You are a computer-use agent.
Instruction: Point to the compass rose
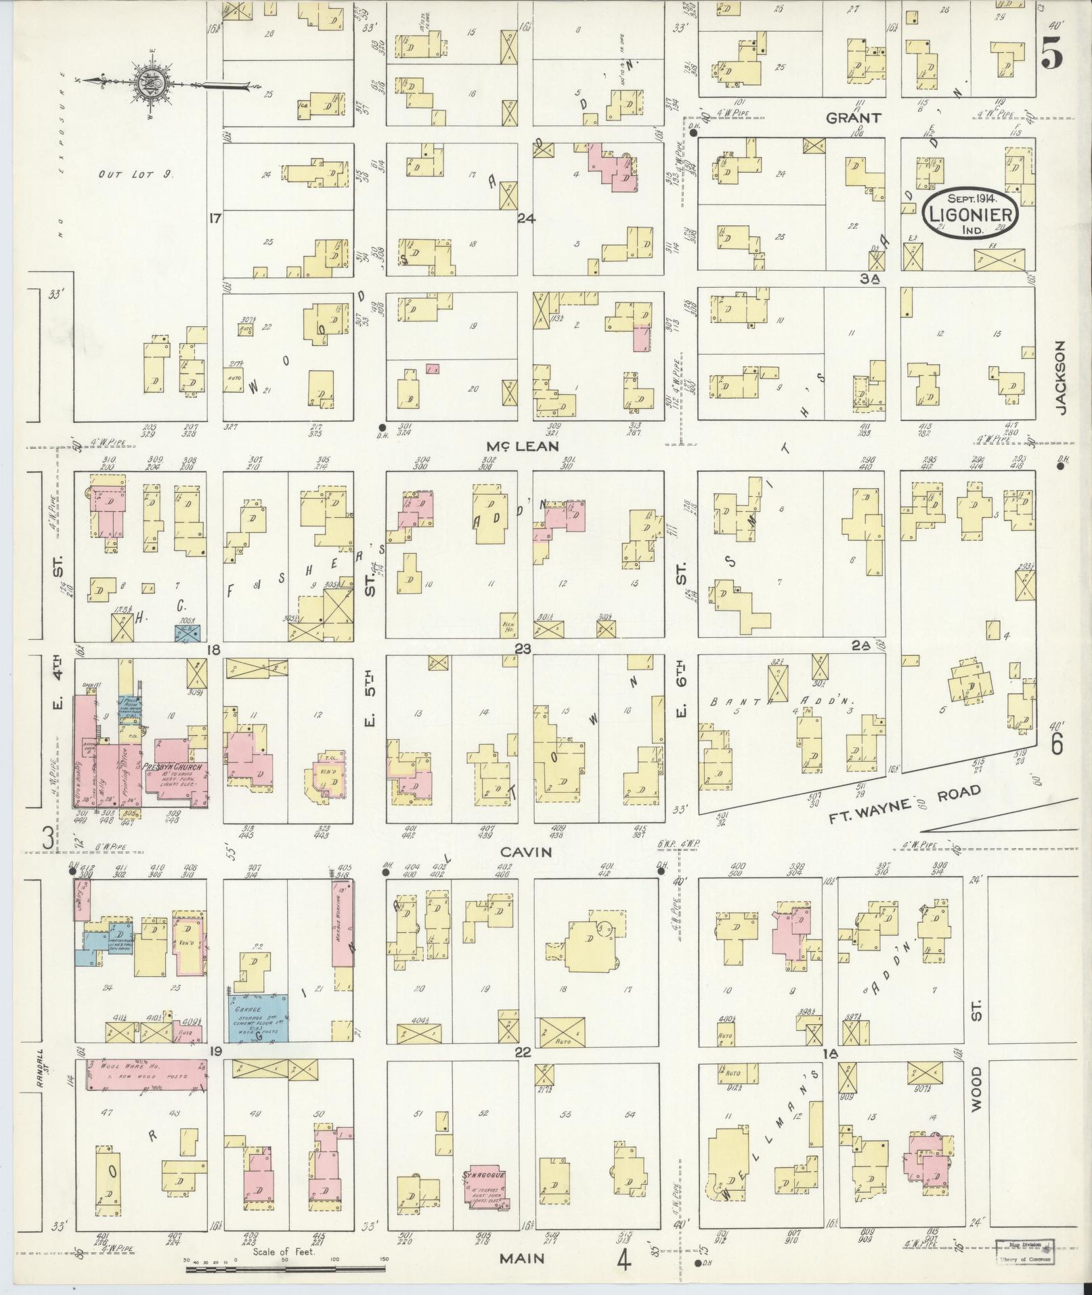coord(150,83)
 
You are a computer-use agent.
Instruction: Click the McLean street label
coord(522,445)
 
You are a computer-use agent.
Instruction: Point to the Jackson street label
coord(1060,377)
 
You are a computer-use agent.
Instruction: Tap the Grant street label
coord(853,117)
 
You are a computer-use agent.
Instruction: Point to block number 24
coord(526,218)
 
